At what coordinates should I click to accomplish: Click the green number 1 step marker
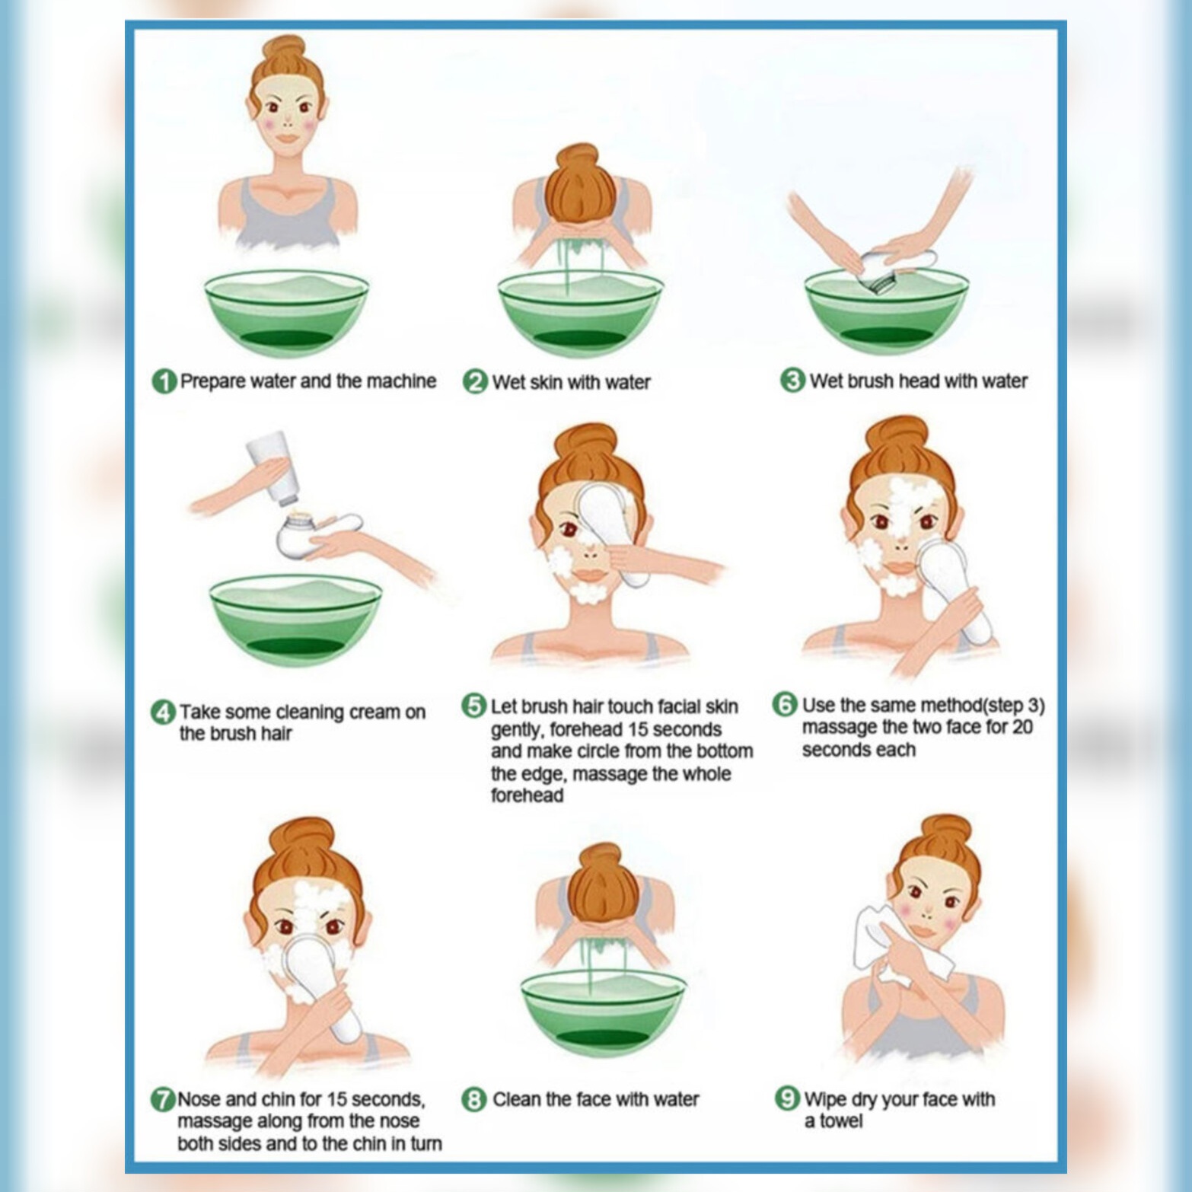[164, 381]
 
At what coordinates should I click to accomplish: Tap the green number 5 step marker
[473, 706]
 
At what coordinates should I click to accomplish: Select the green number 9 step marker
[787, 1098]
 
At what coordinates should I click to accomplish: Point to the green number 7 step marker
[163, 1100]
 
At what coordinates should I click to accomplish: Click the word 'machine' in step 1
[401, 381]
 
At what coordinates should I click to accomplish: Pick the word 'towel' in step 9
[841, 1121]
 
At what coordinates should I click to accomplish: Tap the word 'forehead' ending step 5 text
[527, 795]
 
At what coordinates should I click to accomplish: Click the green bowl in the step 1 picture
[286, 312]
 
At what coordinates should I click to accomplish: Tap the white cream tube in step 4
[272, 467]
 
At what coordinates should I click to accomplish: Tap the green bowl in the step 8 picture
[603, 1011]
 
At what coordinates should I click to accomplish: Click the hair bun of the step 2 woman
[579, 183]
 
